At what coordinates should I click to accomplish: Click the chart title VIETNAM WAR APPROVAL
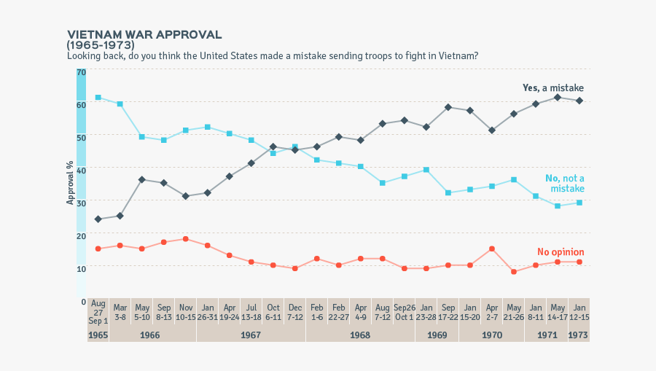click(144, 35)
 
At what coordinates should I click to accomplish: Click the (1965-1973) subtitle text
click(101, 45)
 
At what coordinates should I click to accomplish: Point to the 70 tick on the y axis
click(81, 72)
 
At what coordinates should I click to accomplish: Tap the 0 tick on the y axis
click(83, 301)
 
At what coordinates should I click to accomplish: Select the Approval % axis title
click(71, 185)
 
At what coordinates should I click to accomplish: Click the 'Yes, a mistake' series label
click(552, 88)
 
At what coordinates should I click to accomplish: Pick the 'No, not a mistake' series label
click(565, 184)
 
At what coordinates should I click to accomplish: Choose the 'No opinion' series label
click(561, 252)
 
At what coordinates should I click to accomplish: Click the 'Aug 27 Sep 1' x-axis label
click(98, 311)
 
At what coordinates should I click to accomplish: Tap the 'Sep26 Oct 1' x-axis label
click(405, 311)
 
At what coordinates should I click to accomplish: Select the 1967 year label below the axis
click(251, 335)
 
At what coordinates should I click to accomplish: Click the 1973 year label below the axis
click(579, 335)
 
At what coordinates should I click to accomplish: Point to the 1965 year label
click(98, 335)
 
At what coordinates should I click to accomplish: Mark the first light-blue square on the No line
click(98, 98)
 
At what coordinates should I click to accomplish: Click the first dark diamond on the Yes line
click(98, 219)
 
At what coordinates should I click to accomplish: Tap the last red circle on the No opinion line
click(579, 262)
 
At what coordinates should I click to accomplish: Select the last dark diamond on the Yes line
click(579, 101)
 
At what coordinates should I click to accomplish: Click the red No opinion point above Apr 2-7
click(492, 249)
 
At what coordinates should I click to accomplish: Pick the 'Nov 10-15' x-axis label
click(186, 311)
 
